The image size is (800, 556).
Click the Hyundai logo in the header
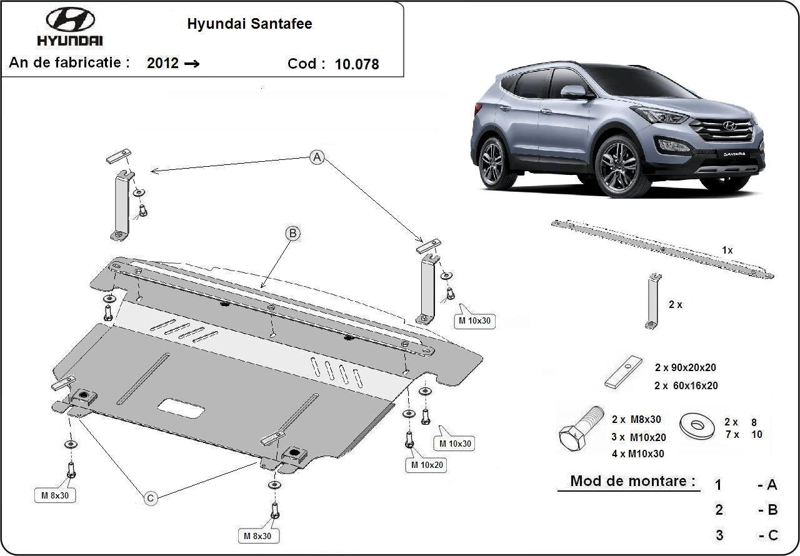pos(70,26)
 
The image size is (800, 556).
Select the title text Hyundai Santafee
pos(250,24)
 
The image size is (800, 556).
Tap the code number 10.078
pos(357,64)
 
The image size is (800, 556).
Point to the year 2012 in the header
pos(163,63)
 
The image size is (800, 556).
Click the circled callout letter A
pos(317,158)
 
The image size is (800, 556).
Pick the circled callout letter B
pos(292,234)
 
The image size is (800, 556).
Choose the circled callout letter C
pos(151,498)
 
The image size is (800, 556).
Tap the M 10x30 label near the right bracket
pos(475,321)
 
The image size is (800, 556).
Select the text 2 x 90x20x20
pos(686,368)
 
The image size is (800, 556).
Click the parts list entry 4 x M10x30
pos(637,454)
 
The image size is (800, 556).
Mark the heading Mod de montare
pos(632,481)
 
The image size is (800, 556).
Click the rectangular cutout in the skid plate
pos(181,409)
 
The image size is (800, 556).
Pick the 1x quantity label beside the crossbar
pos(727,250)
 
